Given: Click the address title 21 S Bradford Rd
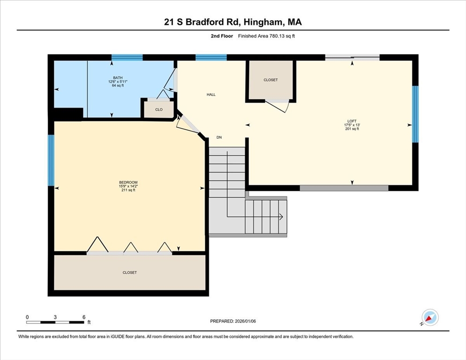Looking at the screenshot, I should pyautogui.click(x=233, y=22).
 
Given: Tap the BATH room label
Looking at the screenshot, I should pyautogui.click(x=117, y=78).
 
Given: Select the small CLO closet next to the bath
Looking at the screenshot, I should pyautogui.click(x=159, y=109).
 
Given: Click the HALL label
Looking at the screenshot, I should pyautogui.click(x=211, y=94).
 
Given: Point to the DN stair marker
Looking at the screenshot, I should pyautogui.click(x=219, y=137).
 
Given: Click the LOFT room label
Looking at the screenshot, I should pyautogui.click(x=352, y=121).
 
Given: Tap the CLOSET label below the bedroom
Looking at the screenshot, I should pyautogui.click(x=130, y=272).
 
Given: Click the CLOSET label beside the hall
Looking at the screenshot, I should pyautogui.click(x=271, y=80).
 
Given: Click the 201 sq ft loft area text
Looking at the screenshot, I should pyautogui.click(x=352, y=129).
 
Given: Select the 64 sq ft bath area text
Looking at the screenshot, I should pyautogui.click(x=117, y=85).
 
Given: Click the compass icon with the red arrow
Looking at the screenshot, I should pyautogui.click(x=430, y=317).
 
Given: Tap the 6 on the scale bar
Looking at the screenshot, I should pyautogui.click(x=84, y=317).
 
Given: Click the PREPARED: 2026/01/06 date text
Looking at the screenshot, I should pyautogui.click(x=233, y=321).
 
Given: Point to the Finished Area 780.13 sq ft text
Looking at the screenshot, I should pyautogui.click(x=266, y=36).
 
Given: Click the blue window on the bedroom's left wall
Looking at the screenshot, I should pyautogui.click(x=51, y=160).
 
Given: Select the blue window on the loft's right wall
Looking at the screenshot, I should pyautogui.click(x=415, y=114).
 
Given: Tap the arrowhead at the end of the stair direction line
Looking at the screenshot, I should pyautogui.click(x=281, y=217).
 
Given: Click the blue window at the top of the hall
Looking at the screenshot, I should pyautogui.click(x=211, y=58).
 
